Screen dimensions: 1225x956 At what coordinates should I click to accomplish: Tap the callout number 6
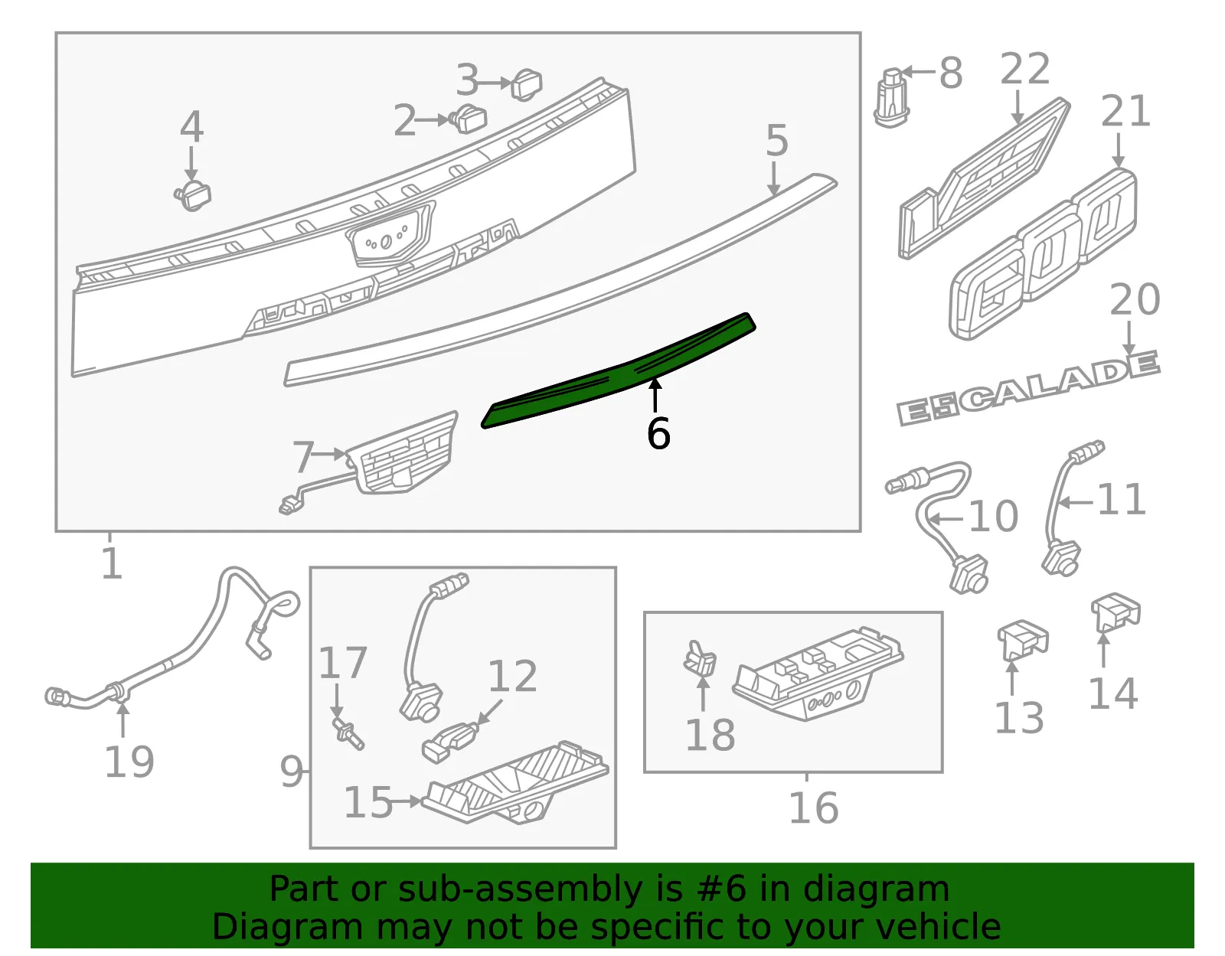[658, 434]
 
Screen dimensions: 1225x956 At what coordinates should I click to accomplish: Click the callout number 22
[1025, 70]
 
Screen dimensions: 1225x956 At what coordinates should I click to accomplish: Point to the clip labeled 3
[527, 84]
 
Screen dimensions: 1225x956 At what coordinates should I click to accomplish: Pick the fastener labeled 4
[193, 195]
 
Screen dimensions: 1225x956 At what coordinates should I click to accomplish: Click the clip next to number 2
[469, 119]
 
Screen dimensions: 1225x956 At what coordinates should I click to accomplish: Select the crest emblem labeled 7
[401, 453]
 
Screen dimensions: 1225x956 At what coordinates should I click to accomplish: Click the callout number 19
[129, 762]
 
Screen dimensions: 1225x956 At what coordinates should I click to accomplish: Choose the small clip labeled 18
[700, 657]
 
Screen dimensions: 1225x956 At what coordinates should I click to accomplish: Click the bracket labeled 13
[1022, 639]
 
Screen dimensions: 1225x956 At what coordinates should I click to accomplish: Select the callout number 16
[813, 808]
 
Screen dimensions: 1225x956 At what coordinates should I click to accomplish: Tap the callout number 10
[993, 516]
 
